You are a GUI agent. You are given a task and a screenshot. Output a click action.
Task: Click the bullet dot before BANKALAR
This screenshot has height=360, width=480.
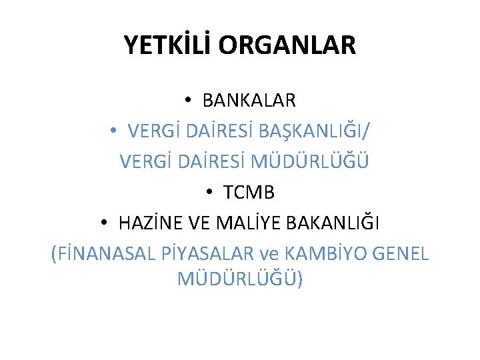pyautogui.click(x=189, y=101)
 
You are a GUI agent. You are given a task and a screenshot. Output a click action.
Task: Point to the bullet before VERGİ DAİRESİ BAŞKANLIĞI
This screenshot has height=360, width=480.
pyautogui.click(x=115, y=131)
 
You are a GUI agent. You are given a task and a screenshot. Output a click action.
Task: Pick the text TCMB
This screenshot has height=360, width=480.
pyautogui.click(x=249, y=193)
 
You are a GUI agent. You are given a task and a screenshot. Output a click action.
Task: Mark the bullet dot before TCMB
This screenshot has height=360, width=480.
pyautogui.click(x=210, y=193)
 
